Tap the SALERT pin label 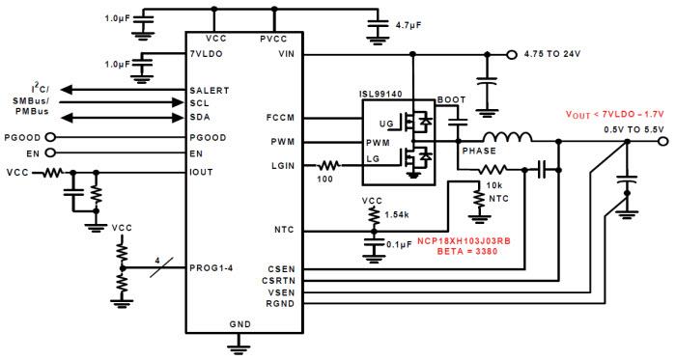tap(210, 90)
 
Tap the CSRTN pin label tap(291, 280)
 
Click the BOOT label tap(451, 99)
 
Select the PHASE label tap(479, 152)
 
